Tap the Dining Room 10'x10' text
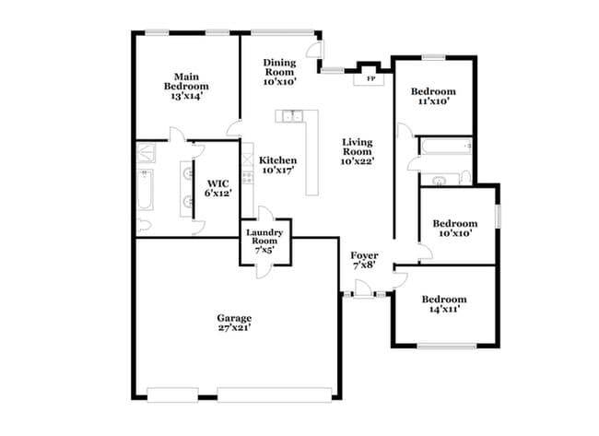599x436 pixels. pos(279,71)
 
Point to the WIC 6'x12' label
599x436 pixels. pos(217,188)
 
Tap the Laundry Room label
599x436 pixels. pos(265,240)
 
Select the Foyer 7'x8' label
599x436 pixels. pos(364,259)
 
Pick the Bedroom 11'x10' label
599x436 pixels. pos(433,97)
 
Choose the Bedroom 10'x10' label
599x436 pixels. pos(455,229)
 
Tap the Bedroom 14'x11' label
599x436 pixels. pos(444,304)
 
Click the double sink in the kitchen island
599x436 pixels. pos(294,116)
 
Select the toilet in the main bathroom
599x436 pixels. pos(143,226)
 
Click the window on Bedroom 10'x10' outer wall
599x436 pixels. pos(499,215)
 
